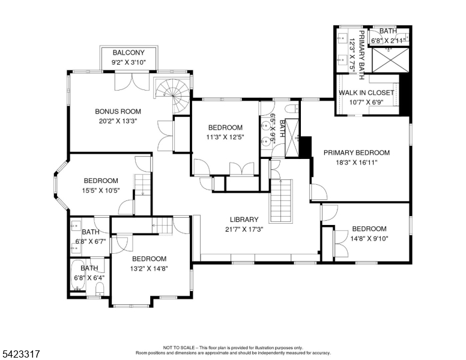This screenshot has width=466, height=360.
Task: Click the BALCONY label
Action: tap(128, 53)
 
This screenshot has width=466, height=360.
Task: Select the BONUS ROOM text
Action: tap(118, 111)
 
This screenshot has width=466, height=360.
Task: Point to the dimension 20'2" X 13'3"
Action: tap(118, 120)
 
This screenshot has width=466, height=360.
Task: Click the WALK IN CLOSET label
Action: tap(366, 92)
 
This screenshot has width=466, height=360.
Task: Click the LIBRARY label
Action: tap(244, 220)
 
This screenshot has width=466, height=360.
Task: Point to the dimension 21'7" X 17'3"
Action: tap(244, 229)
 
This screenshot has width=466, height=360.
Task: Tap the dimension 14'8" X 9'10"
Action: tap(369, 238)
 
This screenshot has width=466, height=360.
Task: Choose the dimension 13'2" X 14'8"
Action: tap(149, 268)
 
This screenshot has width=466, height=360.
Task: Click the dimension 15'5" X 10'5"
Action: tap(100, 190)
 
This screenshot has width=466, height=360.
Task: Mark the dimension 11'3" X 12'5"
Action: tap(225, 137)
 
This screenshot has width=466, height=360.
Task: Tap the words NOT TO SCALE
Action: tap(180, 347)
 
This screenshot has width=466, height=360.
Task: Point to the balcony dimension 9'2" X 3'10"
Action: tap(128, 62)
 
